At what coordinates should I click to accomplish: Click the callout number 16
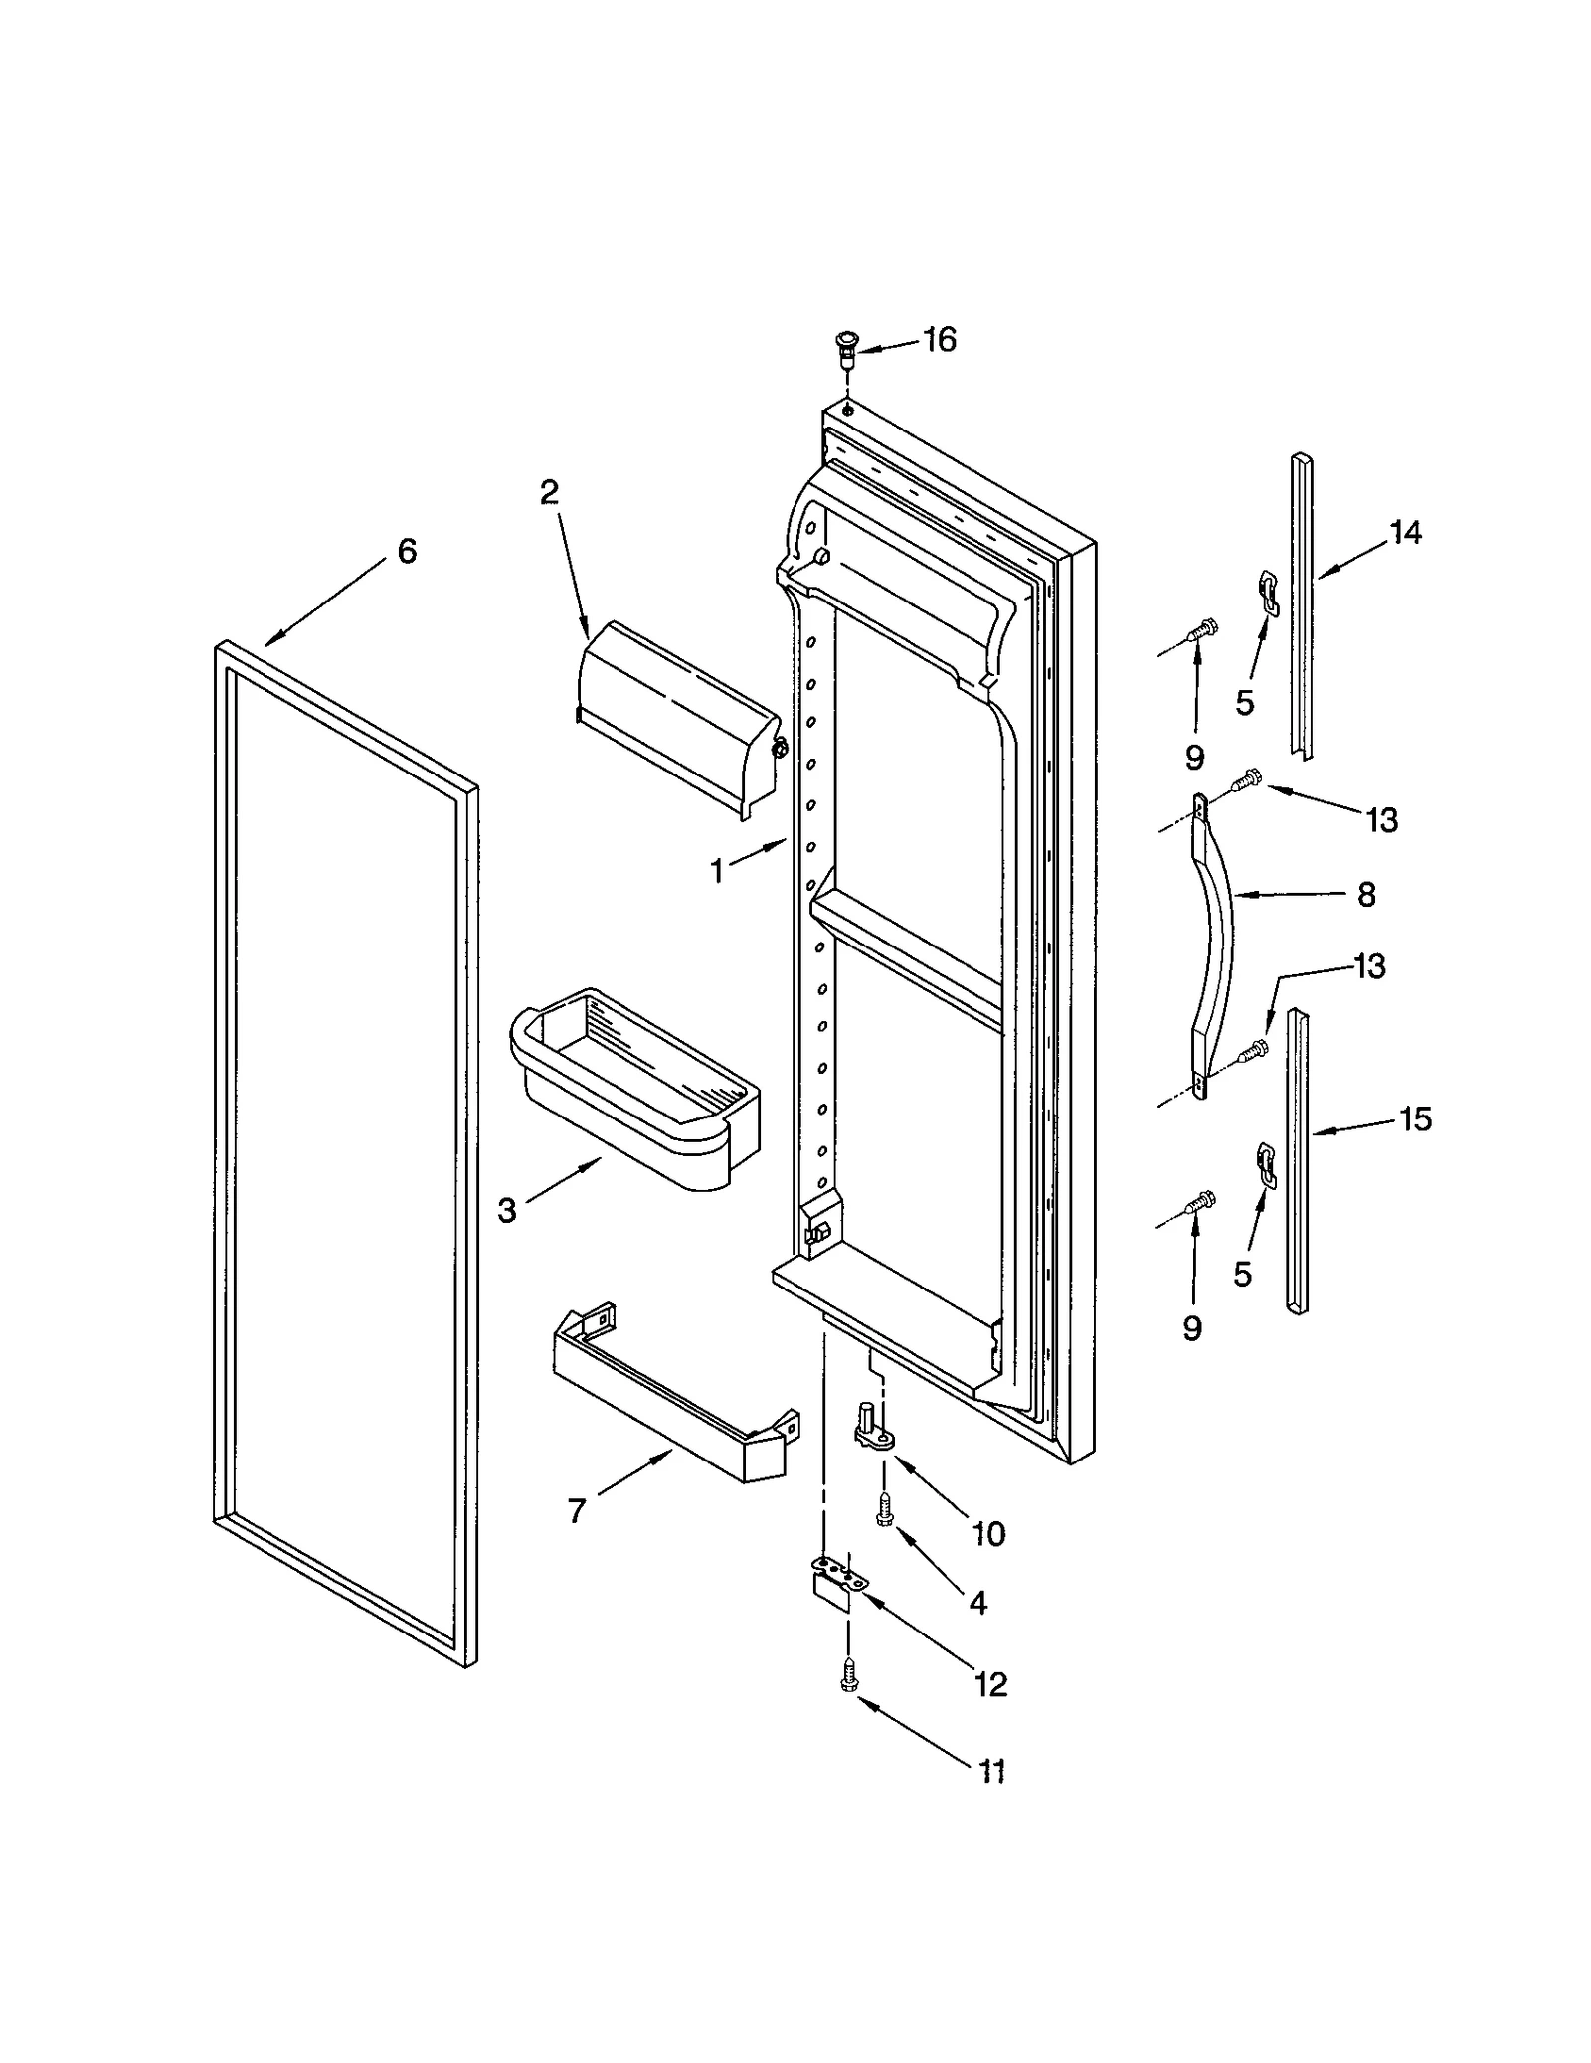939,340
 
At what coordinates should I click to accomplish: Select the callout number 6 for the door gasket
407,551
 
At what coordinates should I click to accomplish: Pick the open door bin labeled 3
632,1088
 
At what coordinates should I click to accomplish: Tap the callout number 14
1405,533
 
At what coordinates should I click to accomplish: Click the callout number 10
988,1533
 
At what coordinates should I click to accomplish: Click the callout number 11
992,1771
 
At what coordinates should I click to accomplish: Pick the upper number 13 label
1382,820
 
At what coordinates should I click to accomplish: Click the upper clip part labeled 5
1267,588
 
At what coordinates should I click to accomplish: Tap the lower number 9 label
1192,1328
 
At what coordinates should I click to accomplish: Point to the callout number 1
717,872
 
